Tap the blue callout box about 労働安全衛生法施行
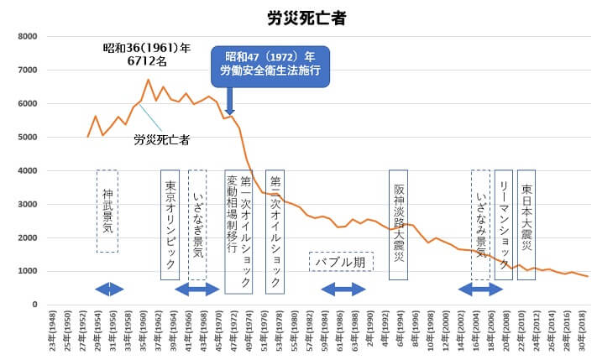coord(270,65)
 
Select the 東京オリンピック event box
coord(170,225)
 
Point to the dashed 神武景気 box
coord(107,211)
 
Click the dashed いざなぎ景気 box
coord(197,225)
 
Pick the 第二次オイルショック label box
coord(275,232)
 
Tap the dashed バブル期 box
coord(341,262)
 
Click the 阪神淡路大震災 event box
coord(399,225)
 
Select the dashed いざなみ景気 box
coord(481,225)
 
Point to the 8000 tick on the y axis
coord(27,37)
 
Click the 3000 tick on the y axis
coord(27,204)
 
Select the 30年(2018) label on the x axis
coord(585,332)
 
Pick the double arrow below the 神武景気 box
coord(109,289)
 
